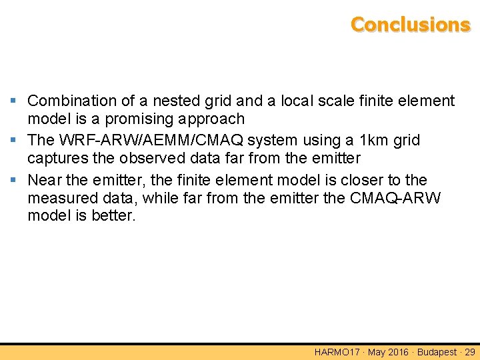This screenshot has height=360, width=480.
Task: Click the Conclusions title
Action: (410, 25)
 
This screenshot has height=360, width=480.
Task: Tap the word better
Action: (115, 217)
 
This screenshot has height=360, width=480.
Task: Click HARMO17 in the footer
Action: (336, 352)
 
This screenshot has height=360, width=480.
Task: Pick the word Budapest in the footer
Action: (437, 352)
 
